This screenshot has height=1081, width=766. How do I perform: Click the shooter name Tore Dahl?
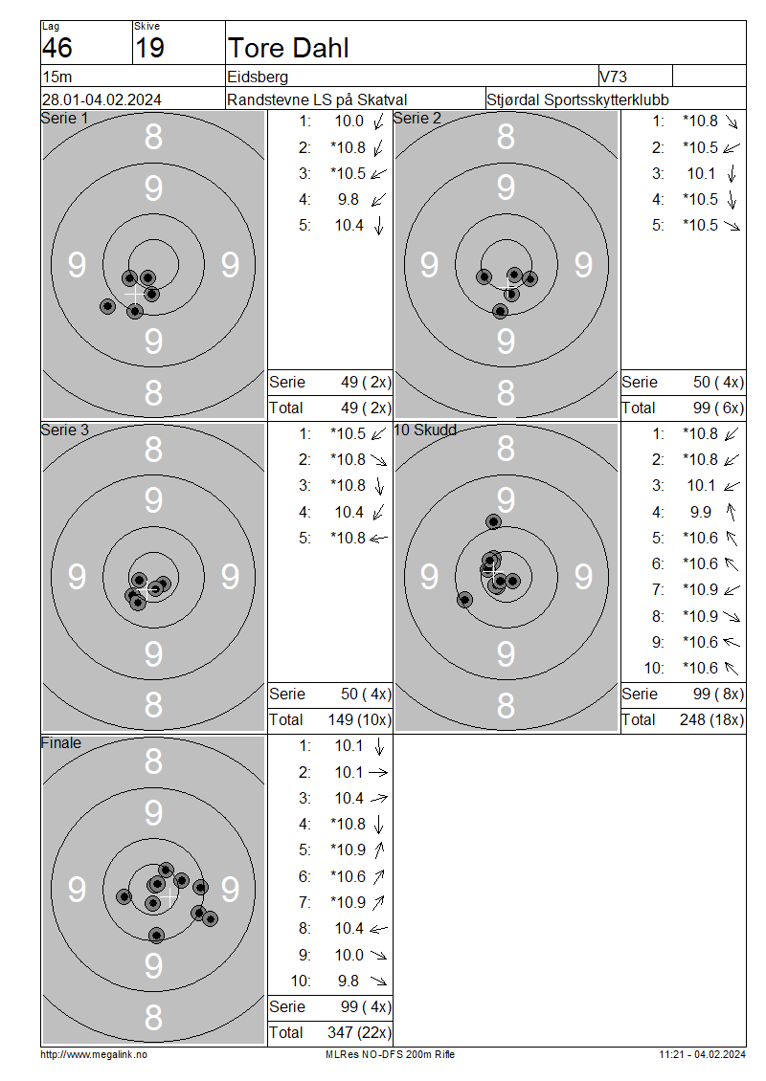(x=288, y=48)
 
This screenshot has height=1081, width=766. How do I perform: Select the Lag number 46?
(x=57, y=48)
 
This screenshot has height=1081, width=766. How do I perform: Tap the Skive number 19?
(x=149, y=48)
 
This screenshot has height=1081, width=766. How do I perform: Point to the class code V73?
(x=614, y=77)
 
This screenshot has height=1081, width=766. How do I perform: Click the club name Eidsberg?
(x=258, y=77)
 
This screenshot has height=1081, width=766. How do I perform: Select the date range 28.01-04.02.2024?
(x=101, y=99)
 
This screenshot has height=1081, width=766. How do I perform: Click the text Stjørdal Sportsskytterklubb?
(x=577, y=99)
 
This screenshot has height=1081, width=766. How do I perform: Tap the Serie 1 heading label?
(x=65, y=118)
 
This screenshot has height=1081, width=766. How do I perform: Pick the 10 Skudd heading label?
(x=425, y=430)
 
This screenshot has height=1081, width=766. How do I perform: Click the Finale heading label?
(x=60, y=742)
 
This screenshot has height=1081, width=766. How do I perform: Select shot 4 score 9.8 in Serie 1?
(x=349, y=199)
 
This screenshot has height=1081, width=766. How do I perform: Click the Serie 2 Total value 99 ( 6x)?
(x=718, y=408)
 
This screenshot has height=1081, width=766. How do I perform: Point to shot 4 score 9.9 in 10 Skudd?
(x=701, y=512)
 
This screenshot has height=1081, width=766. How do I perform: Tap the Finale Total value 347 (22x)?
(x=359, y=1032)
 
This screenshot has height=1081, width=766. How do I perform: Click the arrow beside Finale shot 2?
(x=378, y=773)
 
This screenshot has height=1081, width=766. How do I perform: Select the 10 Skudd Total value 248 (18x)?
(x=711, y=719)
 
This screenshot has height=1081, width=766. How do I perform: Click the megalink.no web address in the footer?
(x=94, y=1054)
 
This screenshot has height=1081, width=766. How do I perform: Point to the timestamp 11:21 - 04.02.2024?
(x=702, y=1054)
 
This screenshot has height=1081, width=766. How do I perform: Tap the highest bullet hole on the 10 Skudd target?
(x=493, y=522)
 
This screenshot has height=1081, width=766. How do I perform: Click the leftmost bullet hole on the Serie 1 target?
(x=107, y=306)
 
